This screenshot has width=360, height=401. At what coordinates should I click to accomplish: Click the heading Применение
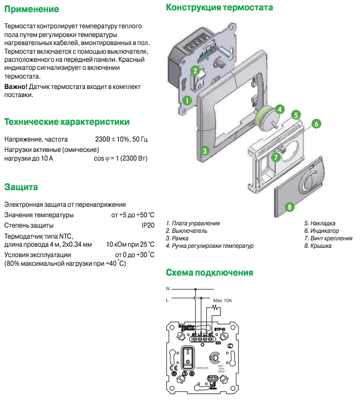coord(31,9)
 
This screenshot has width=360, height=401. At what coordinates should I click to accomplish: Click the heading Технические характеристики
coord(66,122)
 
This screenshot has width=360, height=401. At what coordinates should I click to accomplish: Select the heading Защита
coord(21,187)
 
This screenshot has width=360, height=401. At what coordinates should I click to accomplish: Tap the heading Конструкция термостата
coord(220,8)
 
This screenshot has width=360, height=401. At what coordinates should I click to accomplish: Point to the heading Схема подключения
coord(209,273)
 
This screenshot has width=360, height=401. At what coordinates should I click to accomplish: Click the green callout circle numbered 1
coord(187,99)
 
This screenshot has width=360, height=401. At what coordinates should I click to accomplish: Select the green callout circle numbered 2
coord(196,70)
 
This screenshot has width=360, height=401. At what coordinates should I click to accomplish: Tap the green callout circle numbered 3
coord(205,151)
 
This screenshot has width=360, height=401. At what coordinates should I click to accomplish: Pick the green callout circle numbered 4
coord(279,109)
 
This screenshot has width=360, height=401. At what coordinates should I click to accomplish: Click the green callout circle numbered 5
coord(295,114)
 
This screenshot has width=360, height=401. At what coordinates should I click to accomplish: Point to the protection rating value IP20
coord(148,225)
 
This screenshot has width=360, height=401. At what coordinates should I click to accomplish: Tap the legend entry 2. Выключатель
coord(187,231)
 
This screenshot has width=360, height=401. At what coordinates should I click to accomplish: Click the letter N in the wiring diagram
coord(168,288)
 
